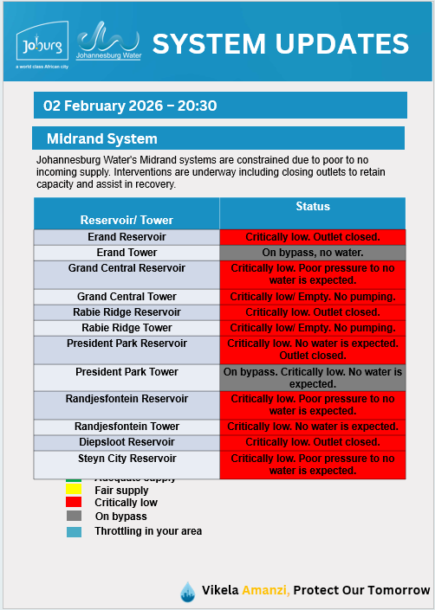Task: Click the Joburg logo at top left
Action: click(x=42, y=44)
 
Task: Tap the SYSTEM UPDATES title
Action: click(x=280, y=43)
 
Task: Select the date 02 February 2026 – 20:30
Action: click(x=130, y=106)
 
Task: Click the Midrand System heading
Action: click(x=102, y=138)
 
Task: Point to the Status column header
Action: click(x=312, y=208)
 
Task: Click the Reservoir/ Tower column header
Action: click(x=127, y=220)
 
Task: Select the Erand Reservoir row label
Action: click(x=127, y=237)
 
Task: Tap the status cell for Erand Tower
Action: click(x=312, y=253)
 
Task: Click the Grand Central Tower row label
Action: click(x=127, y=297)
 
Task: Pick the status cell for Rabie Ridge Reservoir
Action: click(x=312, y=312)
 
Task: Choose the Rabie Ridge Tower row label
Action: click(x=127, y=328)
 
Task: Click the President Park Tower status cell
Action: click(x=312, y=377)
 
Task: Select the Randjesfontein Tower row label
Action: click(x=127, y=427)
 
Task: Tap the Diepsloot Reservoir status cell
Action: click(x=312, y=442)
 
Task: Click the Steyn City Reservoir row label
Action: click(x=127, y=459)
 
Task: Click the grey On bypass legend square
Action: click(x=74, y=517)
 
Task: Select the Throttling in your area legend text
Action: click(x=148, y=530)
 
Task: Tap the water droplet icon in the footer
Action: click(x=187, y=591)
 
